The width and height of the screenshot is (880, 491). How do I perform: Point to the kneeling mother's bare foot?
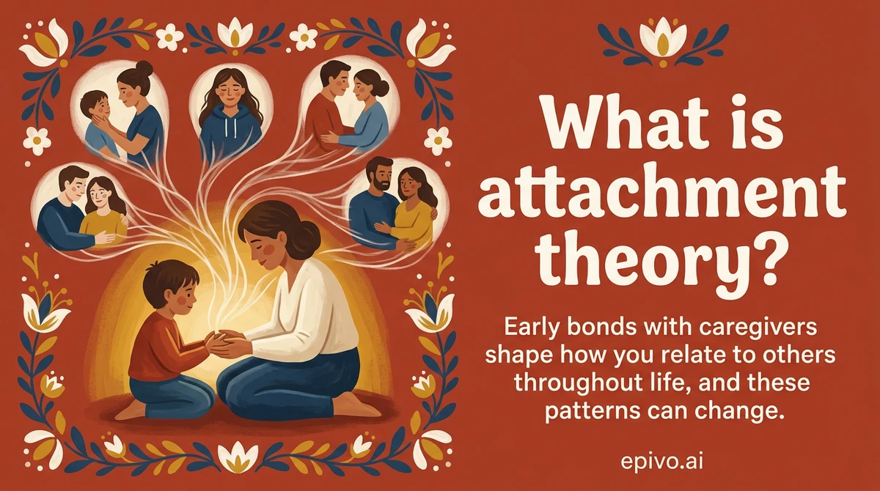coord(359,405)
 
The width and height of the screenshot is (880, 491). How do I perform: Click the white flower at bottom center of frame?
coord(236,459)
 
